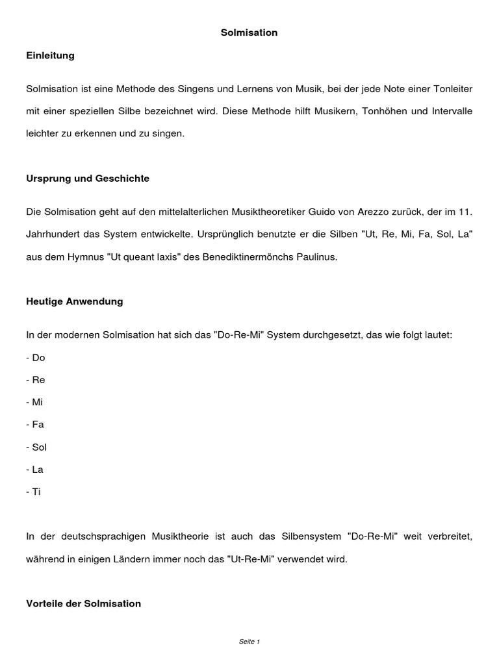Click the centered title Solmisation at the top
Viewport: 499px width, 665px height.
coord(249,32)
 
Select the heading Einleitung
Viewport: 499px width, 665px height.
coord(50,55)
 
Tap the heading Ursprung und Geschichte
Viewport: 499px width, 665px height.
coord(88,179)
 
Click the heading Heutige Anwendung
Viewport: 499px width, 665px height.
coord(74,301)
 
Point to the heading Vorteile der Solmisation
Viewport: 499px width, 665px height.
coord(83,603)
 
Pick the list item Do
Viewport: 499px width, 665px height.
coord(37,358)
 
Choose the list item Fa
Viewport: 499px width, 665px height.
coord(37,425)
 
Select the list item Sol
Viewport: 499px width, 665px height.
coord(38,447)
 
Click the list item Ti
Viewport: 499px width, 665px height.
coord(35,492)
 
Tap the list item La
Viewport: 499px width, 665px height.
coord(36,469)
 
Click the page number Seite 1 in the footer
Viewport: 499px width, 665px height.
coord(249,642)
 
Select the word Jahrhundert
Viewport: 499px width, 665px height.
coord(52,234)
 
